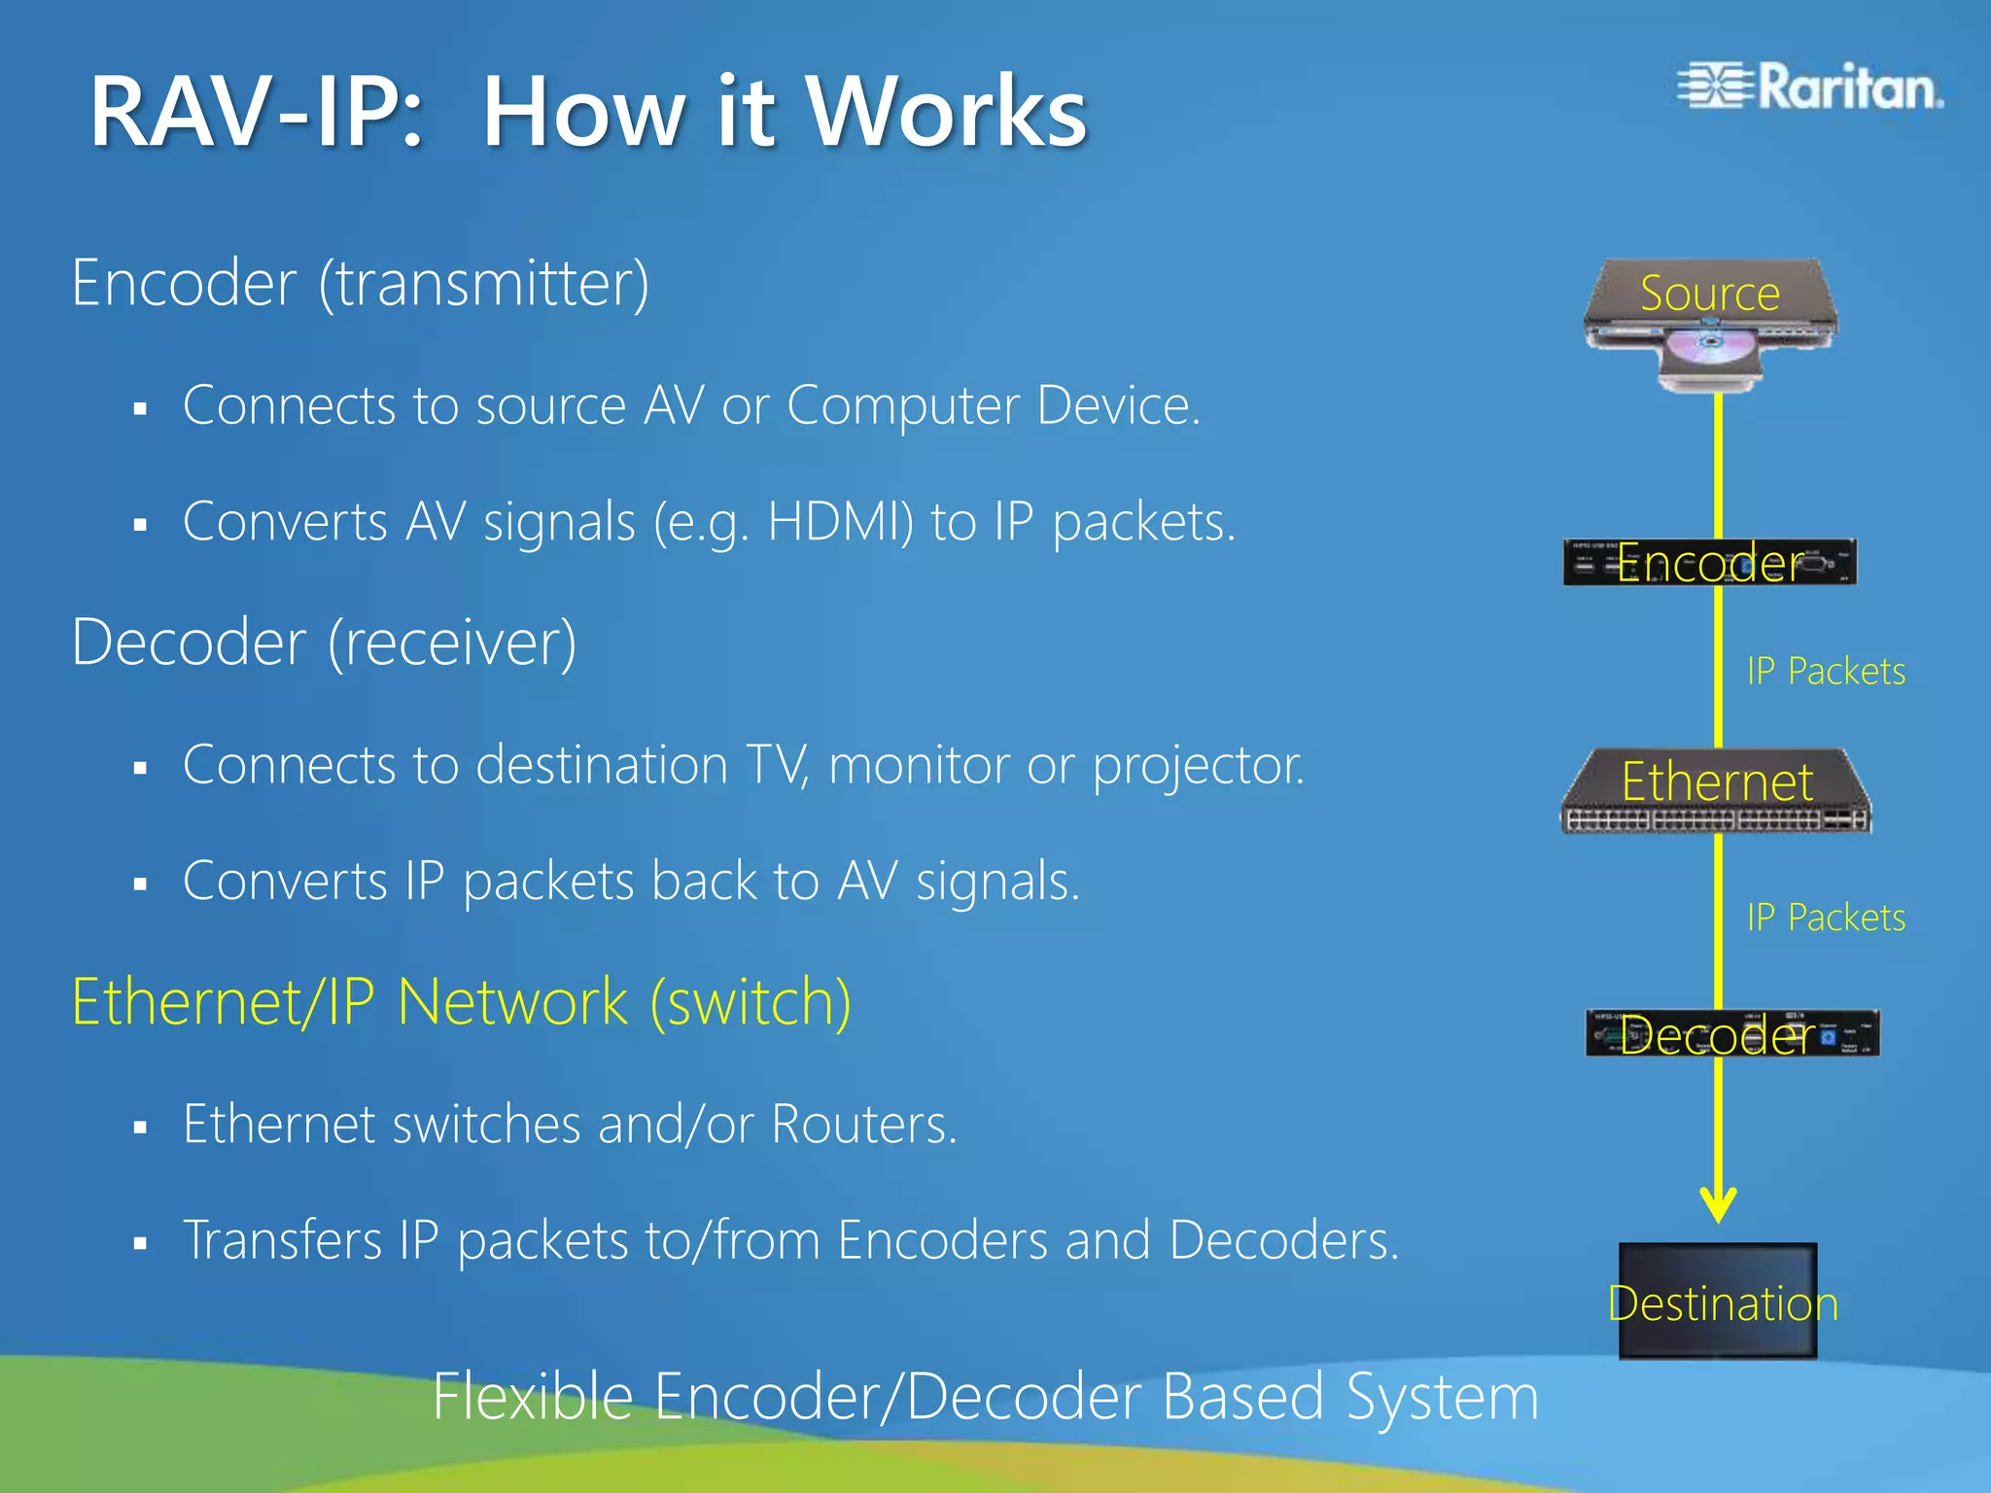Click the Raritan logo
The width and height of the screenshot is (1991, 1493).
[1810, 87]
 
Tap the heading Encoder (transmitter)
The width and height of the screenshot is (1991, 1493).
[360, 284]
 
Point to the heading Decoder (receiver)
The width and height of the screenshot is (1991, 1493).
[324, 642]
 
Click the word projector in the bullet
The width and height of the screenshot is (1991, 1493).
[1198, 766]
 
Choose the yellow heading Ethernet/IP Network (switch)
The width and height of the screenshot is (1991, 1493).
[462, 1002]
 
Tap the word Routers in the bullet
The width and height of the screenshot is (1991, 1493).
[863, 1125]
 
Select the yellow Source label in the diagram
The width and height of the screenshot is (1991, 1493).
[1709, 294]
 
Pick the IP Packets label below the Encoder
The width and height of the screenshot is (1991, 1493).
[1826, 672]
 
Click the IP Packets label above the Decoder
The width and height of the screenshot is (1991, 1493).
[1826, 918]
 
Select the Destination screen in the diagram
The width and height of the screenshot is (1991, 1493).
[1718, 1301]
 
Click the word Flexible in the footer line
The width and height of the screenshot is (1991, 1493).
[533, 1397]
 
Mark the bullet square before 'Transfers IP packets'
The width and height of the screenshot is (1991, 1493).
[141, 1243]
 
